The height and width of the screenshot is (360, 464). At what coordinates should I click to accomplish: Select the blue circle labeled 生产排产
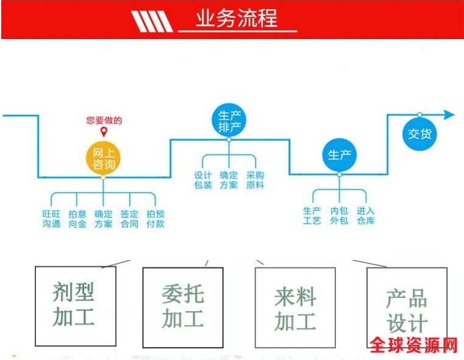click(229, 121)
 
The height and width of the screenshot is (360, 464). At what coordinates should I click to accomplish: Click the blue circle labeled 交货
click(419, 133)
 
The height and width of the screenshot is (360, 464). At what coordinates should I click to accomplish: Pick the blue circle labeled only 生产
click(339, 155)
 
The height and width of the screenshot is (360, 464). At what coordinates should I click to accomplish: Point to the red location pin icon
click(104, 132)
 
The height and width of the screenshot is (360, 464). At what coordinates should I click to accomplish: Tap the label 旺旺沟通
click(51, 219)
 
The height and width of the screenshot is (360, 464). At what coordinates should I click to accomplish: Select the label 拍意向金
click(77, 219)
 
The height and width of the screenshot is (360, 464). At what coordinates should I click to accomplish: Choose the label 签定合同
click(129, 219)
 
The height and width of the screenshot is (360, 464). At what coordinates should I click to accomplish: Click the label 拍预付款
click(155, 219)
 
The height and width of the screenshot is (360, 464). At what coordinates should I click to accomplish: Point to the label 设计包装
click(203, 180)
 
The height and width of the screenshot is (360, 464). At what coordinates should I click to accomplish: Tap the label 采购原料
click(255, 180)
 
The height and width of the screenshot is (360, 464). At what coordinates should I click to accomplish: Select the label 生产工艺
click(312, 216)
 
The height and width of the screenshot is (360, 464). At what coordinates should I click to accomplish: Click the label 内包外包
click(339, 216)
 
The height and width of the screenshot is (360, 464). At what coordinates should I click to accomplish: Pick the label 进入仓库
click(366, 216)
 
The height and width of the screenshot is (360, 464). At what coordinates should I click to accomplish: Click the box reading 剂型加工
click(74, 305)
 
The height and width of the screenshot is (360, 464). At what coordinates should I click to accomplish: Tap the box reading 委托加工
click(183, 307)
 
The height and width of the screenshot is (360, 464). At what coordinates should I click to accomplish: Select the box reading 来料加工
click(295, 308)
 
